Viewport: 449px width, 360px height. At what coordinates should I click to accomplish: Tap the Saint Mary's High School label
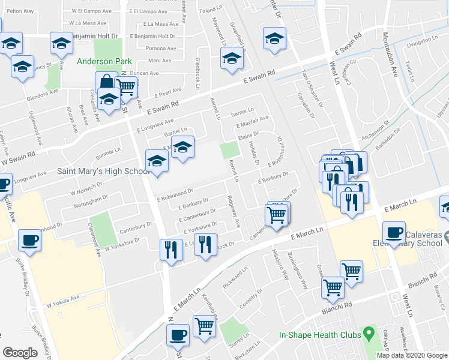pyautogui.click(x=103, y=171)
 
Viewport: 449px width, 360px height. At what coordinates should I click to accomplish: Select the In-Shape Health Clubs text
pyautogui.click(x=320, y=335)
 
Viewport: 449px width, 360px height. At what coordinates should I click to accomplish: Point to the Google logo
pyautogui.click(x=20, y=353)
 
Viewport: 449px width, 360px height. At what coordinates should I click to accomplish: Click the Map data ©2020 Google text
pyautogui.click(x=412, y=355)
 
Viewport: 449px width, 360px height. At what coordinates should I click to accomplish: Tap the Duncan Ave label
pyautogui.click(x=144, y=73)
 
